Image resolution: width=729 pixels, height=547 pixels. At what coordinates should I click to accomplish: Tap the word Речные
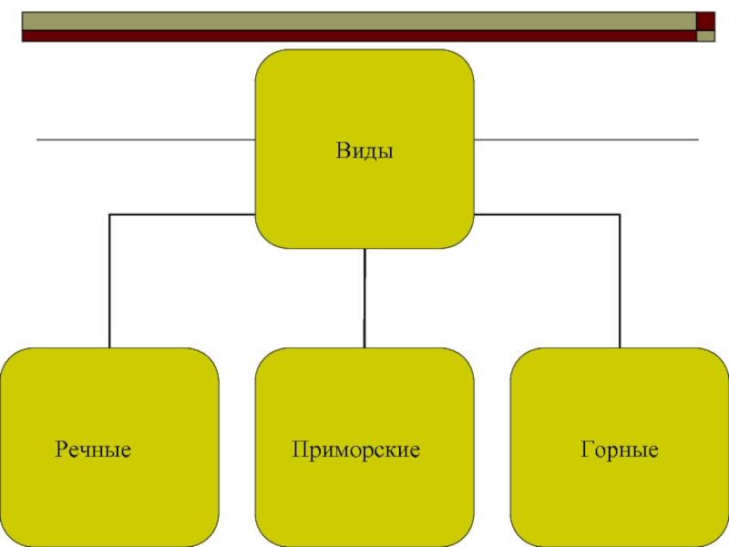tap(94, 449)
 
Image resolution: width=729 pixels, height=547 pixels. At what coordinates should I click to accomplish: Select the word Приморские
tap(356, 449)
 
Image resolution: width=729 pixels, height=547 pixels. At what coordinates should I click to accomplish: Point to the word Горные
tap(619, 449)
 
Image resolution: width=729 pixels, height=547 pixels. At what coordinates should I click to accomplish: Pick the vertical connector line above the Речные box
tap(109, 283)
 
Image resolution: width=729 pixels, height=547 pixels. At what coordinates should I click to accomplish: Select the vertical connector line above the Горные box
tap(620, 283)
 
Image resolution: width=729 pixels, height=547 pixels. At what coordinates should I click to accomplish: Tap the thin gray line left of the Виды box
tap(146, 140)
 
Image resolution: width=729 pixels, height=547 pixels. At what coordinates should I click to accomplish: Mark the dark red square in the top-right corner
tap(706, 20)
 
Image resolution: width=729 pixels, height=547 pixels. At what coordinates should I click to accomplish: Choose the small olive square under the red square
tap(706, 36)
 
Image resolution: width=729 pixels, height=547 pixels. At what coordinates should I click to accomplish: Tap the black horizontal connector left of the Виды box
tap(182, 214)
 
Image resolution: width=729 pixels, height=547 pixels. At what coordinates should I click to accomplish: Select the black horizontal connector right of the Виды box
tap(547, 214)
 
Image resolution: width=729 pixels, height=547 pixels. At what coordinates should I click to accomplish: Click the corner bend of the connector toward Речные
tap(109, 214)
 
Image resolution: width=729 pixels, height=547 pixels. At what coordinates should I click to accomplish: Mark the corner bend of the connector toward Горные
tap(620, 214)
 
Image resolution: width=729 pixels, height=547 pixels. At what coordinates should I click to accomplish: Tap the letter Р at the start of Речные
tap(61, 449)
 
